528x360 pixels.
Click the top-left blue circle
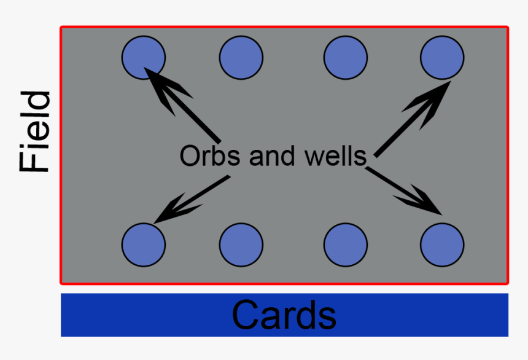click(143, 58)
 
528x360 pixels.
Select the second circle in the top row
click(241, 58)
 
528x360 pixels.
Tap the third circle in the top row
click(346, 58)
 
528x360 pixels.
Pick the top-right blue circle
click(442, 58)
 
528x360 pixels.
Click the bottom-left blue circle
click(143, 245)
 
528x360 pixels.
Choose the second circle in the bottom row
click(241, 245)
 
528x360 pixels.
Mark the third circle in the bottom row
click(346, 245)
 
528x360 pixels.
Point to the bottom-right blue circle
click(442, 245)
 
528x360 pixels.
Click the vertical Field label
click(34, 132)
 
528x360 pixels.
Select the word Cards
click(284, 315)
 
